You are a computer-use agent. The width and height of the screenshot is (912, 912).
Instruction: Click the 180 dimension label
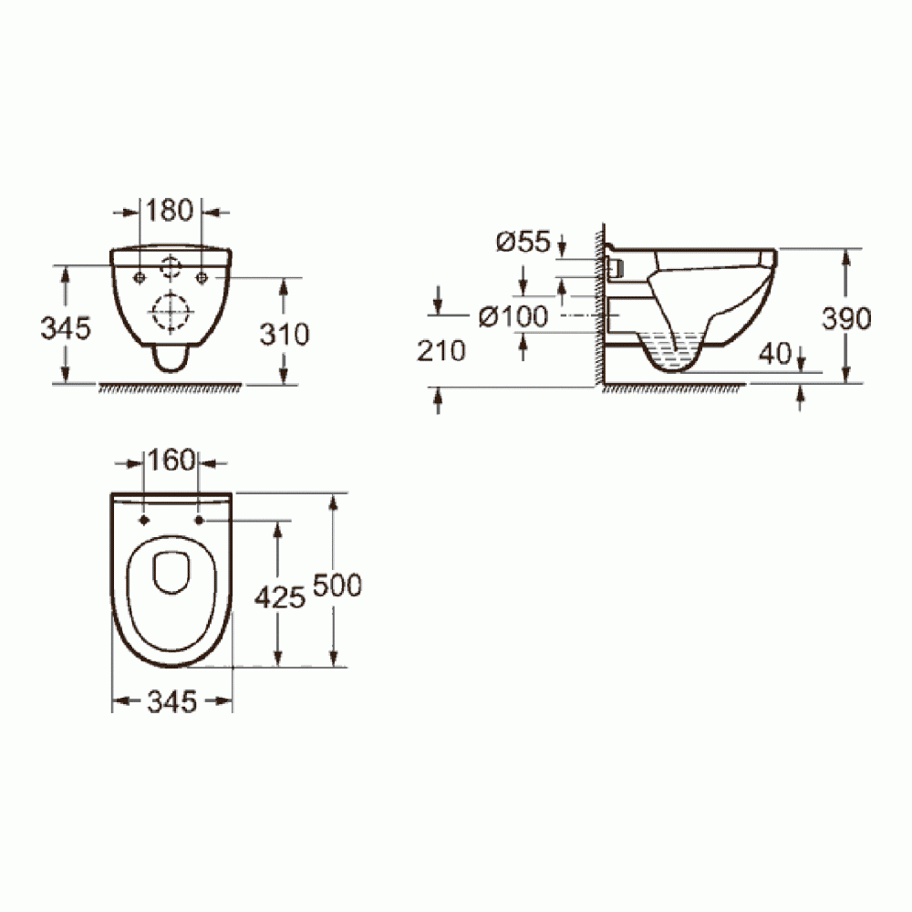coord(171,211)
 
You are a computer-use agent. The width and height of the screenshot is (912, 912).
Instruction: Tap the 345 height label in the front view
coord(66,329)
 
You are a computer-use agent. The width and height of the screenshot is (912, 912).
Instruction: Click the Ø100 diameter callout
coord(513,316)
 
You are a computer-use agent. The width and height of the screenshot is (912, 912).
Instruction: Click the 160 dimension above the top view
coord(171,461)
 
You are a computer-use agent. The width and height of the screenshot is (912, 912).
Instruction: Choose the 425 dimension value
coord(279,598)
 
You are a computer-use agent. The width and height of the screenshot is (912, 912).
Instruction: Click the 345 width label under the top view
coord(171,701)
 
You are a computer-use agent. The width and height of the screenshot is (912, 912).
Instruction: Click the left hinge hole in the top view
coord(145,521)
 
